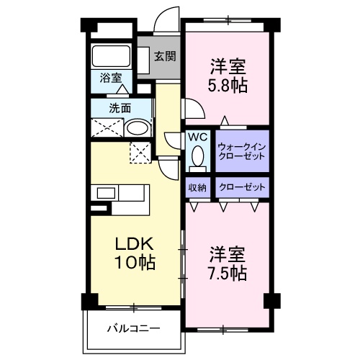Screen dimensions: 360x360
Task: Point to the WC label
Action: pos(197,135)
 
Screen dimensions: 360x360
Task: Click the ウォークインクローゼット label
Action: pos(241,150)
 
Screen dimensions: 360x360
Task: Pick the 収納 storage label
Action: pos(197,187)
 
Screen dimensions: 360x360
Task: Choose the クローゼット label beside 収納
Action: pos(241,187)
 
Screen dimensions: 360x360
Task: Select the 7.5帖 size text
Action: pos(230,273)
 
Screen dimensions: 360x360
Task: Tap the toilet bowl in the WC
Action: pos(198,156)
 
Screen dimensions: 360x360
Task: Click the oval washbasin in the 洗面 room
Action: pos(136,130)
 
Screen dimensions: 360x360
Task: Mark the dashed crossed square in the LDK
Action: pos(139,152)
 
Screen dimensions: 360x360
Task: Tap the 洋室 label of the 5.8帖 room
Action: pos(230,67)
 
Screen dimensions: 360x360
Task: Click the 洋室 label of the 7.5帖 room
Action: pos(230,254)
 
